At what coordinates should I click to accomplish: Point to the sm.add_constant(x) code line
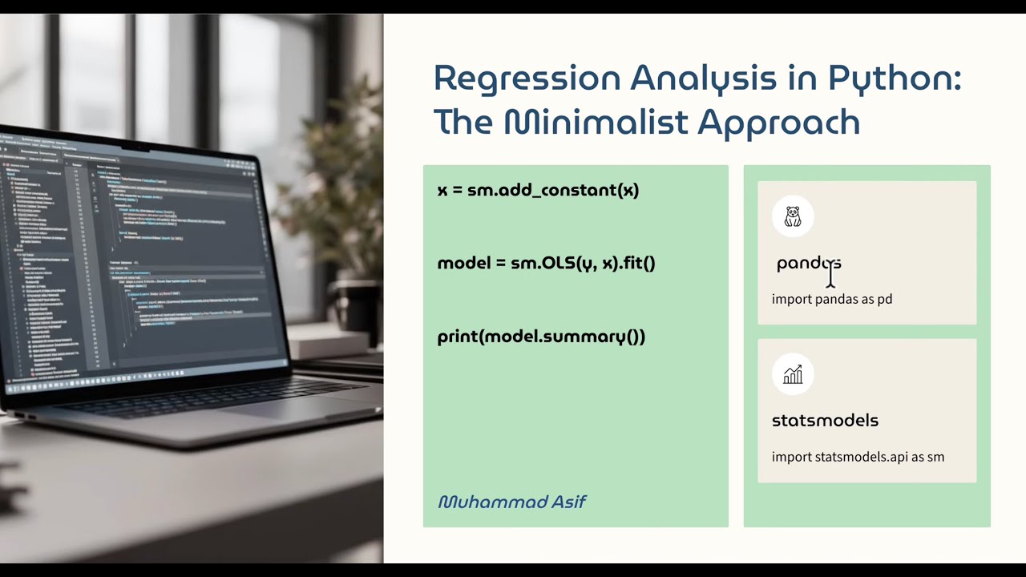point(538,190)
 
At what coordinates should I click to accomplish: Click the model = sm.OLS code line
point(546,263)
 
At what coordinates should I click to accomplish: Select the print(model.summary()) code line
point(541,337)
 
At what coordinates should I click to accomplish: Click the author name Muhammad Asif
point(511,502)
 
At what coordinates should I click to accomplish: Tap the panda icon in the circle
point(793,216)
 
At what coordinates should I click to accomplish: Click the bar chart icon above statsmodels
point(793,374)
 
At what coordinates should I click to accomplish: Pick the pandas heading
point(808,263)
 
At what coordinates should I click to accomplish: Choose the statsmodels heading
point(825,421)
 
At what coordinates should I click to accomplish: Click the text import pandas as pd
point(831,299)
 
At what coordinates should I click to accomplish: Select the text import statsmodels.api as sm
point(858,457)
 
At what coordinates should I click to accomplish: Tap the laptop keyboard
point(200,401)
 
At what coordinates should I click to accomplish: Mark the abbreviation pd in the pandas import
point(884,299)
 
